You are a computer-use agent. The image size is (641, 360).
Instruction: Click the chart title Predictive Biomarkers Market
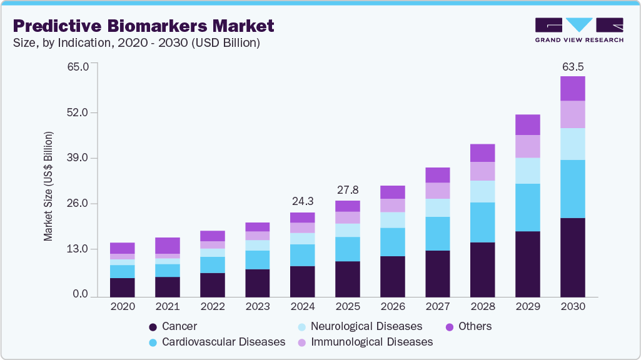(143, 26)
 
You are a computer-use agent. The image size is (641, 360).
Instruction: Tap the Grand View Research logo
(578, 29)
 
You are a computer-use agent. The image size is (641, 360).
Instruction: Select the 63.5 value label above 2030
(572, 66)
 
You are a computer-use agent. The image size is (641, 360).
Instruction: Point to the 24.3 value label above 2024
(303, 202)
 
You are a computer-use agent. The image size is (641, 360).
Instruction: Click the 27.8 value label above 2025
(347, 190)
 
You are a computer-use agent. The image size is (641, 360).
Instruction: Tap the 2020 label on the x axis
(123, 307)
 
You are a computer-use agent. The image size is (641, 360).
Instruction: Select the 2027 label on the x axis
(437, 307)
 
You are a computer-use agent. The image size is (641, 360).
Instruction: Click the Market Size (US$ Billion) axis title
(48, 186)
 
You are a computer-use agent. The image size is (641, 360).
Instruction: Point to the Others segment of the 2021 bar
(168, 246)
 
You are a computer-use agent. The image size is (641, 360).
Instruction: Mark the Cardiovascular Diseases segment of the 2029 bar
(527, 207)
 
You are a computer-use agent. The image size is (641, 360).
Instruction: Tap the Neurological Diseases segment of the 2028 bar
(482, 191)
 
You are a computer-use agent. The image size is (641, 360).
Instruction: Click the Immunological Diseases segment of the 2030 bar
(572, 114)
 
